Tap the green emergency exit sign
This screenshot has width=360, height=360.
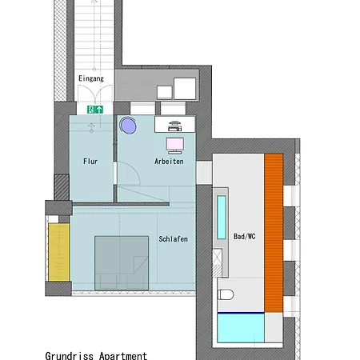94,109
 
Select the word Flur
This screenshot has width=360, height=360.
90,161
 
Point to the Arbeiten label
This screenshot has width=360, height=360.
169,161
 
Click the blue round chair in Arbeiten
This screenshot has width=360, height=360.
129,126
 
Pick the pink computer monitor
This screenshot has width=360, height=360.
175,144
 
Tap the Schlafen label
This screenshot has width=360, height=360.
174,238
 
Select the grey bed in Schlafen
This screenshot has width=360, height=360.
122,262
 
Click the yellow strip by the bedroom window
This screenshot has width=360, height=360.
57,251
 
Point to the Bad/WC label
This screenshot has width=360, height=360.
245,237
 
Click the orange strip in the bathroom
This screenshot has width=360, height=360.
274,232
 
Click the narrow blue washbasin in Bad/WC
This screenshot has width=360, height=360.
221,217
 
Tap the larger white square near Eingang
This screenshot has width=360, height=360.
186,88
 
